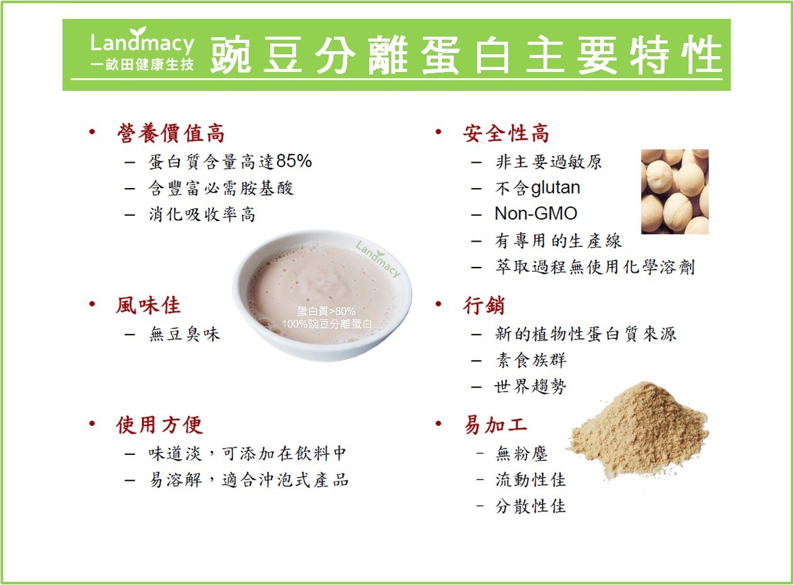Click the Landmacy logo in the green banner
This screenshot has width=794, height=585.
[142, 49]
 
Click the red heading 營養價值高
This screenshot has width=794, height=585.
[171, 133]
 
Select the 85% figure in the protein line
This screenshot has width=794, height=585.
[294, 161]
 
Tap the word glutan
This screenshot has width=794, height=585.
[555, 188]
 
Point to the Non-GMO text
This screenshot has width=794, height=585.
[536, 213]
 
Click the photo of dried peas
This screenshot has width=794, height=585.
[675, 191]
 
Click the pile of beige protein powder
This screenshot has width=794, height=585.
[638, 430]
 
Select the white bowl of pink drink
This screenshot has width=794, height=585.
[322, 295]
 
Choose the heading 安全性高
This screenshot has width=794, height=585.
[506, 133]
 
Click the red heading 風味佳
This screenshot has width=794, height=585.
[148, 305]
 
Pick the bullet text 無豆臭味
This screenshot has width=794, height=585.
[184, 334]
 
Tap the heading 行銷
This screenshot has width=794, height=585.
[483, 305]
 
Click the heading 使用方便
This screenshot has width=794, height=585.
[159, 425]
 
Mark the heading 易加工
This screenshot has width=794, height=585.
[495, 425]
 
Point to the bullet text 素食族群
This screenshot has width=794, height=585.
[531, 360]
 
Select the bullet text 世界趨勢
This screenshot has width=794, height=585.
[530, 386]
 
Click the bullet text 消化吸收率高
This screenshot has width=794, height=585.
[202, 215]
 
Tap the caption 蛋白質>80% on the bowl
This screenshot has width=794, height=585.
[326, 311]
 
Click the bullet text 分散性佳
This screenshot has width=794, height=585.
[530, 506]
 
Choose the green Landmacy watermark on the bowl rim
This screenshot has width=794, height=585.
[378, 259]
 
